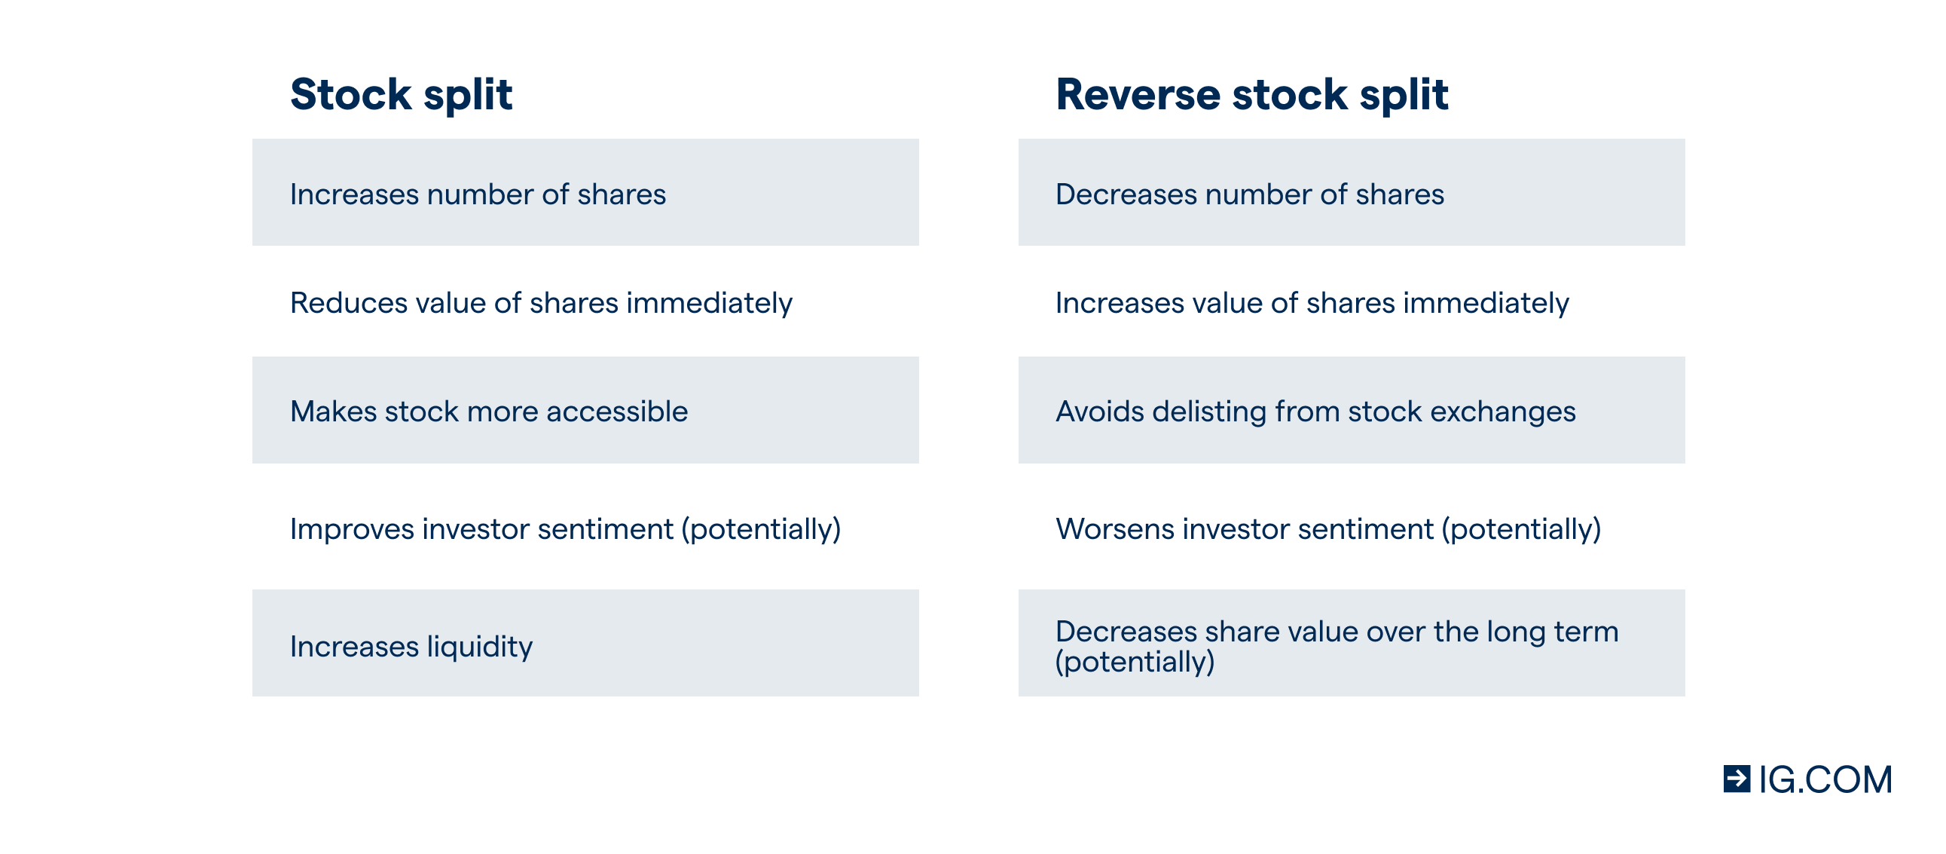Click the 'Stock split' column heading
pos(401,95)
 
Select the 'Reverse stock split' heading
pos(1252,95)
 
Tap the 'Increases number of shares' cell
pos(585,192)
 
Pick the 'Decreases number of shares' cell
pos(1352,192)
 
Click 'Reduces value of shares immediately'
pos(541,303)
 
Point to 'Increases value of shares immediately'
pos(1312,303)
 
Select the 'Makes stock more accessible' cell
pos(585,409)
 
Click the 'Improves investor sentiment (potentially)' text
pos(565,529)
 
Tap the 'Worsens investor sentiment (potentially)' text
pos(1328,529)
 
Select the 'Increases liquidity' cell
pos(585,642)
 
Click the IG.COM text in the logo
pos(1825,780)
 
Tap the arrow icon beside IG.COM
pos(1737,779)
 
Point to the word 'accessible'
pos(616,411)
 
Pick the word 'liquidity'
pos(480,647)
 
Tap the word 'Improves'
pos(351,529)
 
